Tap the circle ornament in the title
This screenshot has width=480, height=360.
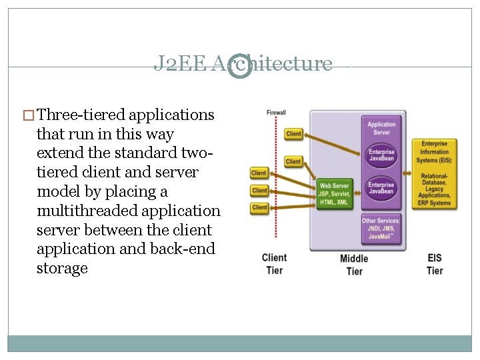tap(240, 65)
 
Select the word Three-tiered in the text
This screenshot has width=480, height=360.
tap(79, 115)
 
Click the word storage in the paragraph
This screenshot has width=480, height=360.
tap(62, 269)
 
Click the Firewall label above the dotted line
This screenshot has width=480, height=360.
tap(276, 113)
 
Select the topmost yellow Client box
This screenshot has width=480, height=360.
tap(293, 134)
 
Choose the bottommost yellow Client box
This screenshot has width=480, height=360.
tap(259, 208)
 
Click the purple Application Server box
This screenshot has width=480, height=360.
tap(381, 128)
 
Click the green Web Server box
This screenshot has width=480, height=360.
tap(335, 194)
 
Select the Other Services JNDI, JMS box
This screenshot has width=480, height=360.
tap(381, 229)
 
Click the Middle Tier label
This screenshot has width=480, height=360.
tap(354, 265)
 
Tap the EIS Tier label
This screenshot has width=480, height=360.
tap(435, 264)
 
